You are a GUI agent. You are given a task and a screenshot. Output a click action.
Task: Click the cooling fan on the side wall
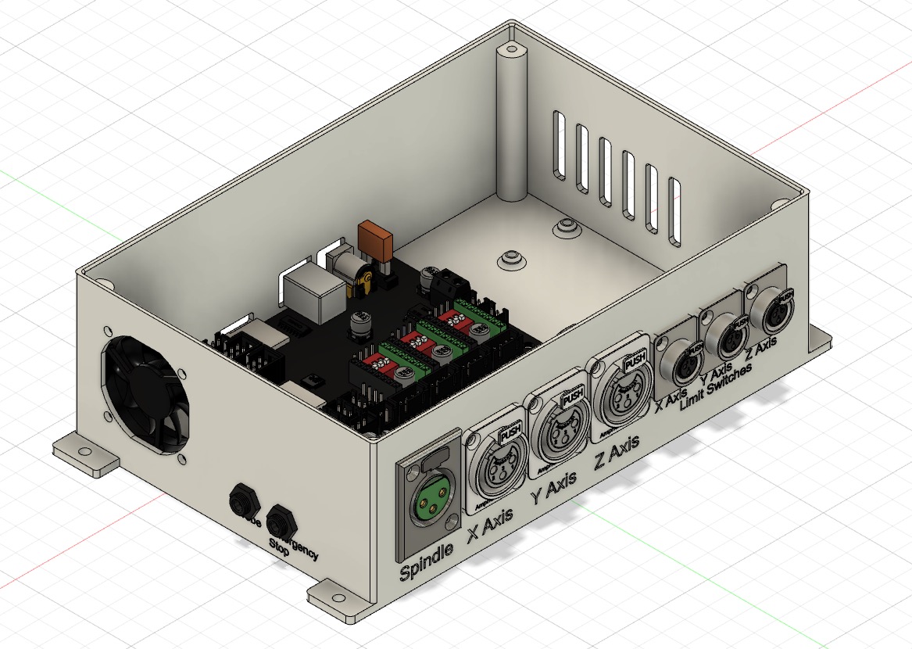[143, 398]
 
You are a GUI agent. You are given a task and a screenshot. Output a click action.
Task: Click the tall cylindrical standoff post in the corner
[512, 125]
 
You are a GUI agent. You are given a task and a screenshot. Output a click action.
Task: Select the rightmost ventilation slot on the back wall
[674, 210]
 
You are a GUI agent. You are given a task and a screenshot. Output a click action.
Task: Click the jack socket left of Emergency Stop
[241, 500]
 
